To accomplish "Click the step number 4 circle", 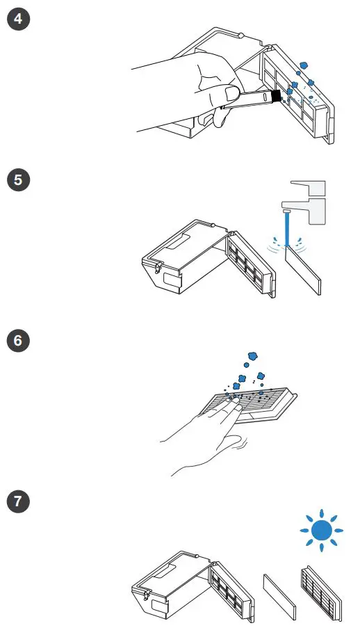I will pyautogui.click(x=17, y=19).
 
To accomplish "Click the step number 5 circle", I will pyautogui.click(x=17, y=180).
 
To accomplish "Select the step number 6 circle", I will pyautogui.click(x=17, y=341).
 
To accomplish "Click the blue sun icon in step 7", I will pyautogui.click(x=321, y=533).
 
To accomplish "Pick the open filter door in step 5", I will pyautogui.click(x=251, y=261).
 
